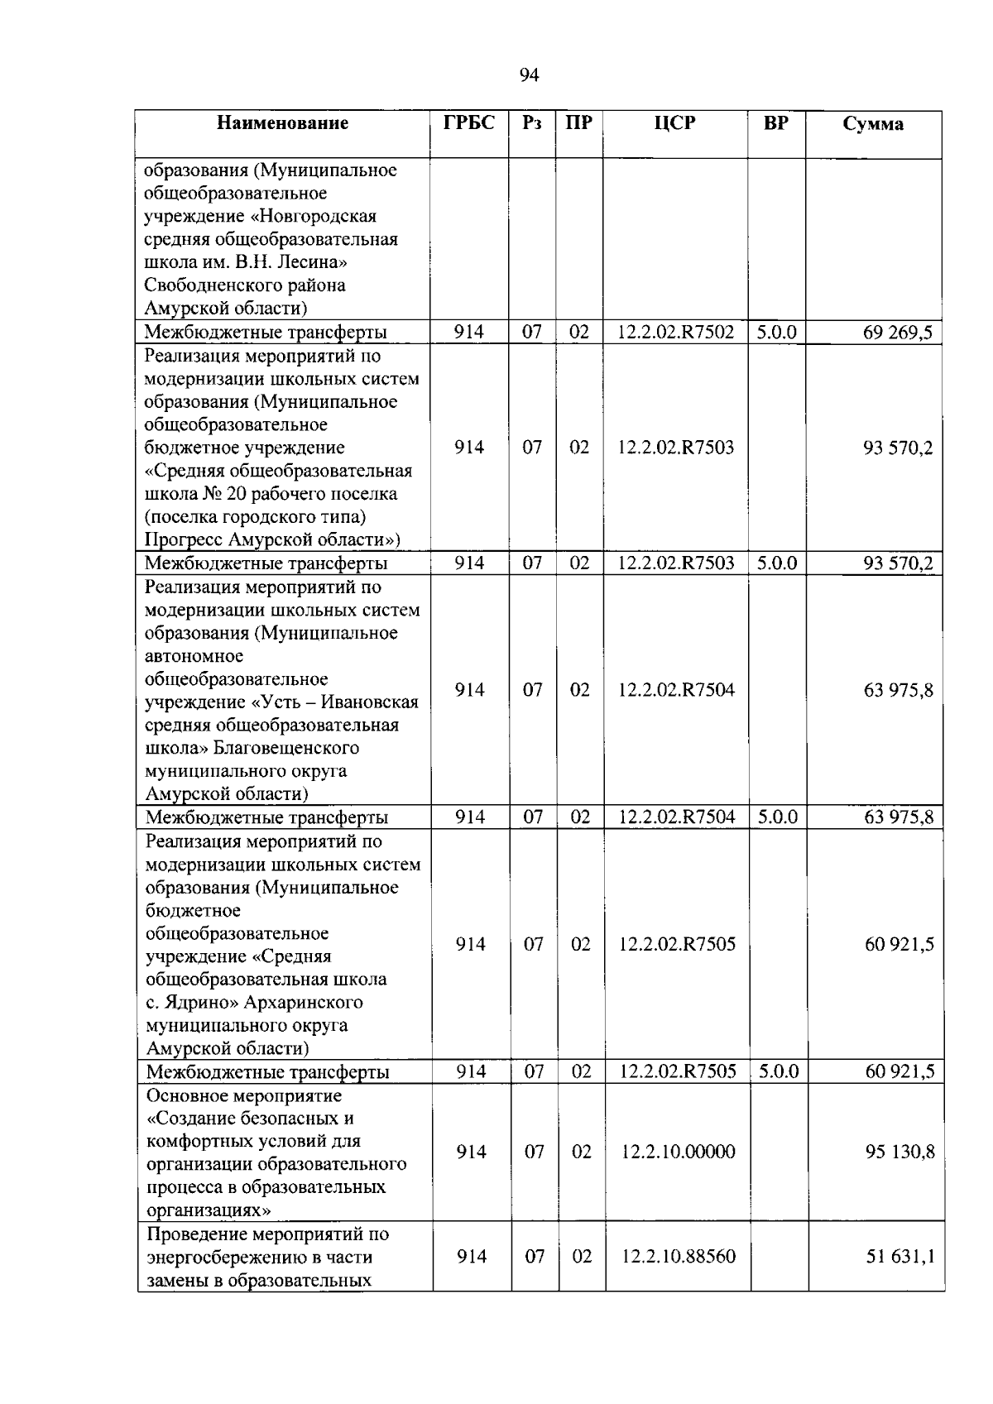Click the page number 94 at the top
pyautogui.click(x=530, y=75)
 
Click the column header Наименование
pyautogui.click(x=283, y=124)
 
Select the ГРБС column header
pyautogui.click(x=469, y=123)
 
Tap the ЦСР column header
pyautogui.click(x=675, y=124)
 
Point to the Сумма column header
pyautogui.click(x=873, y=125)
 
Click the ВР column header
pyautogui.click(x=775, y=123)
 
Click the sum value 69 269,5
pyautogui.click(x=898, y=333)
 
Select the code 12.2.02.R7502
pyautogui.click(x=675, y=333)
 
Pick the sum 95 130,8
pyautogui.click(x=900, y=1152)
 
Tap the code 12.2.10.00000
pyautogui.click(x=678, y=1152)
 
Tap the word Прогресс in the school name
pyautogui.click(x=184, y=540)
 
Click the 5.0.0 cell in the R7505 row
pyautogui.click(x=779, y=1071)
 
